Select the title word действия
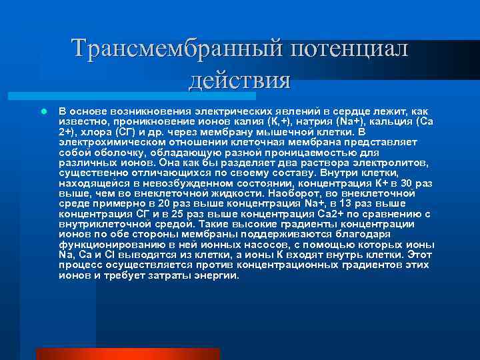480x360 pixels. tap(240, 81)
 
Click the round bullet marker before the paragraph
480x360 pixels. tap(42, 111)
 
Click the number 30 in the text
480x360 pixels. tap(411, 182)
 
